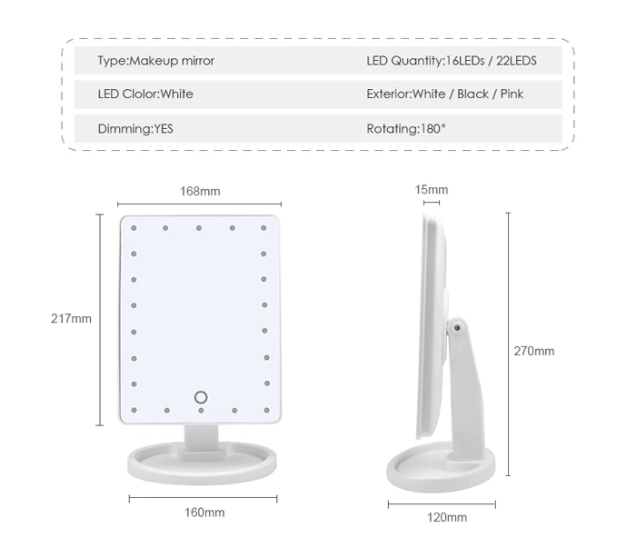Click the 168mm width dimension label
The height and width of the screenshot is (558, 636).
tap(200, 191)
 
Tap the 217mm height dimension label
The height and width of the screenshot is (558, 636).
tap(71, 319)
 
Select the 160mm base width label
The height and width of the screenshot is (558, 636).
tap(204, 513)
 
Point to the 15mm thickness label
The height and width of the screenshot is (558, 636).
tap(432, 190)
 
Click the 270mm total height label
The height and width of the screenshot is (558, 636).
tap(534, 351)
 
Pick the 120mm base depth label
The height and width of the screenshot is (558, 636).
tap(447, 517)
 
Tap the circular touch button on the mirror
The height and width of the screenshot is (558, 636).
tap(201, 397)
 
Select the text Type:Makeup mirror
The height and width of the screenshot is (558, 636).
tap(156, 61)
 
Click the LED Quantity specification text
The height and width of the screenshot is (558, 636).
tap(452, 61)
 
